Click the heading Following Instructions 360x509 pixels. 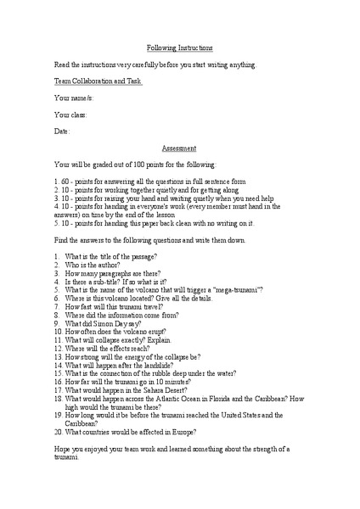point(179,48)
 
